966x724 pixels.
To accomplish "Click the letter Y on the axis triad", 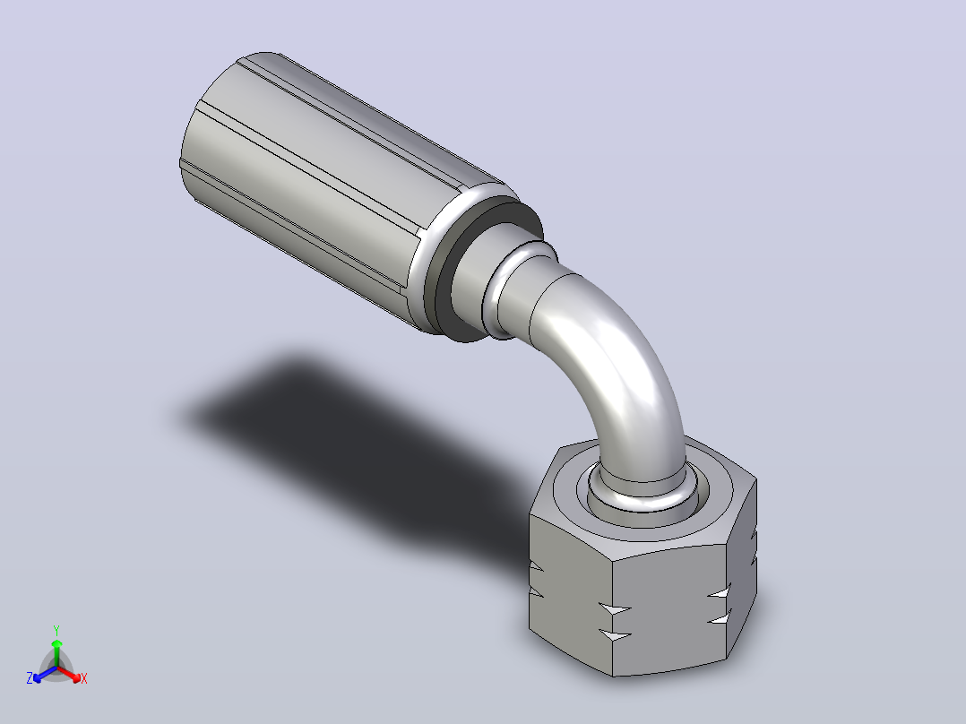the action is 56,630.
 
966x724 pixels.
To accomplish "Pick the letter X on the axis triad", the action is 84,678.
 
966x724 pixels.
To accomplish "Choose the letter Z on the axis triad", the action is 30,678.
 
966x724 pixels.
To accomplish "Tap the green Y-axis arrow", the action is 56,652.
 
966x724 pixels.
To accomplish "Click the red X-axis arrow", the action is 69,674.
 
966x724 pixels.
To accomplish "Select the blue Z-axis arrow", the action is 45,674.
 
